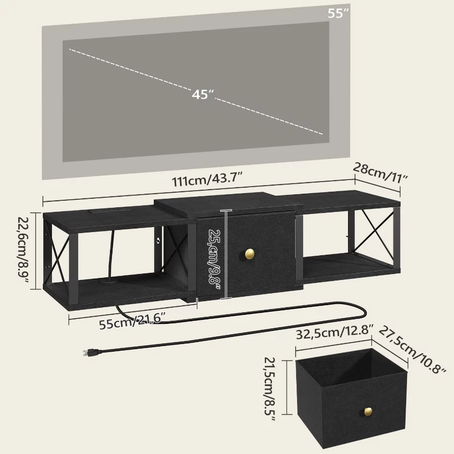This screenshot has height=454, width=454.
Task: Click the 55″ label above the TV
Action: [x=338, y=13]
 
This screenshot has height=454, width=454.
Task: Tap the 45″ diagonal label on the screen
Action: [x=203, y=94]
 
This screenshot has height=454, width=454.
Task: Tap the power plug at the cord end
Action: [x=88, y=352]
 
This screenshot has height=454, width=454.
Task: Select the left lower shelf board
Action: [x=116, y=290]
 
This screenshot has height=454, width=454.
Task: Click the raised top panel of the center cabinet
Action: [x=227, y=205]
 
